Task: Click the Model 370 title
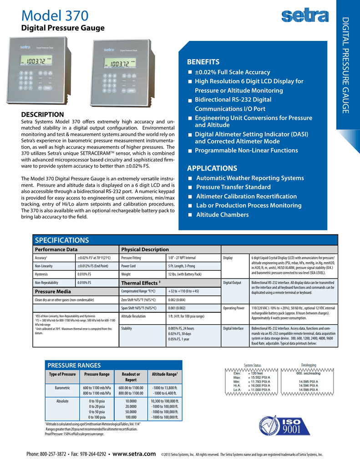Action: (55, 16)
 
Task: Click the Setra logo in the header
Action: (304, 17)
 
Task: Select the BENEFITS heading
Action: (203, 62)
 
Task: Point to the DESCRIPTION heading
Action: (43, 114)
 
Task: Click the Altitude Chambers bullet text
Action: (222, 215)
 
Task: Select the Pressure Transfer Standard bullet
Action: (233, 187)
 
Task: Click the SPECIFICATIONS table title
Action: (62, 240)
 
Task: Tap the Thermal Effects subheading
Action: (141, 283)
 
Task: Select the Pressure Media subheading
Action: (53, 291)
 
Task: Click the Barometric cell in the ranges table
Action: (62, 388)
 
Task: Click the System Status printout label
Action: (253, 365)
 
